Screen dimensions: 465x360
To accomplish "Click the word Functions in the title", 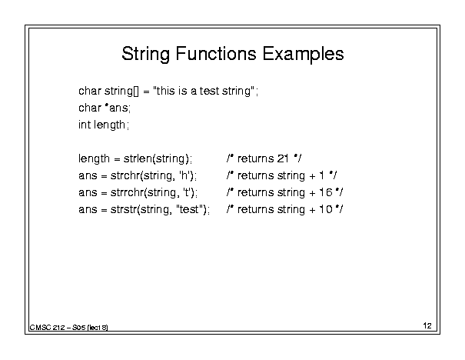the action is [216, 54].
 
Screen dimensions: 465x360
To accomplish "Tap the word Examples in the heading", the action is [303, 55].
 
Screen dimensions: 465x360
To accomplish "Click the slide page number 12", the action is [427, 325].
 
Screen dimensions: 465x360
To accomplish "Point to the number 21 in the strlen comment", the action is [283, 158].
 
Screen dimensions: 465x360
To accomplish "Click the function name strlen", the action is [138, 158].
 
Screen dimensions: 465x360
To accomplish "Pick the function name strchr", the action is [125, 175].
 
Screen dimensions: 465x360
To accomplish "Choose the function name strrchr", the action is [127, 192].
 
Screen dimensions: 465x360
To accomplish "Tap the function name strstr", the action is [124, 209].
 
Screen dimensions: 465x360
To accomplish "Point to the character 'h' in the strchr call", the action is [184, 175].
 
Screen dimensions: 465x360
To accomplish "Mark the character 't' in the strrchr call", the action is [187, 192].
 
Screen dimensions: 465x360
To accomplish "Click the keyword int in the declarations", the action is [85, 125].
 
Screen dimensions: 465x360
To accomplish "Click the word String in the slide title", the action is [145, 55].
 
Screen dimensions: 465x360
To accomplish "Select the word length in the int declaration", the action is [109, 125].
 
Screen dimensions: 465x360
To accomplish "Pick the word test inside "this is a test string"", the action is [209, 91].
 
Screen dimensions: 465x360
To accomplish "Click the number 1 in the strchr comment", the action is [322, 175].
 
